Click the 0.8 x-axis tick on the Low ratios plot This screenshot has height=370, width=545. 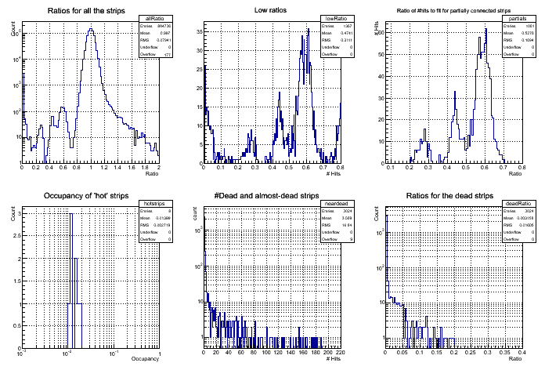click(x=340, y=168)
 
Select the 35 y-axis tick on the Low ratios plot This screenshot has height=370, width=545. click(x=199, y=32)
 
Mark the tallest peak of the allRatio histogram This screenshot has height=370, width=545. click(x=92, y=29)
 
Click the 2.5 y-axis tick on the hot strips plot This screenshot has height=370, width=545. click(x=16, y=233)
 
